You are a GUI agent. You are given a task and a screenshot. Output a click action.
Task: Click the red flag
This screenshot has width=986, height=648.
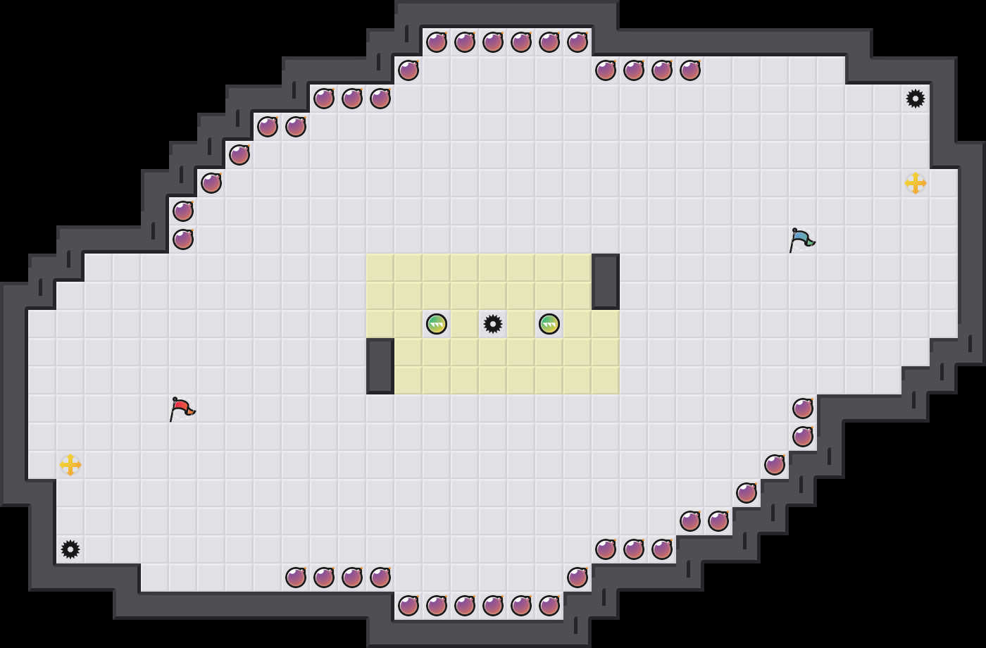click(182, 408)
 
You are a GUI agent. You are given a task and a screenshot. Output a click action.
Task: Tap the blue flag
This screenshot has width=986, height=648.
click(801, 239)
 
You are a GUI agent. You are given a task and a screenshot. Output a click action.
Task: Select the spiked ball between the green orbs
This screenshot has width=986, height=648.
click(493, 324)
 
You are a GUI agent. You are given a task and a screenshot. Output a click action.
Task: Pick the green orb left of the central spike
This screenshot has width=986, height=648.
click(437, 324)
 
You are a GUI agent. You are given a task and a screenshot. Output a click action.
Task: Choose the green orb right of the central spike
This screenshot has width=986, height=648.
click(549, 324)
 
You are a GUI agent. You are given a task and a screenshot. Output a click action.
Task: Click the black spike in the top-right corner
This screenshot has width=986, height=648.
click(916, 99)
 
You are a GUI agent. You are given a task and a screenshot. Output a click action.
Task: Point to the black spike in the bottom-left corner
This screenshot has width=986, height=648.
click(70, 549)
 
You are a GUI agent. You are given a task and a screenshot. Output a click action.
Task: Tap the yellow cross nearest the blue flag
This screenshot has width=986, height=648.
click(916, 183)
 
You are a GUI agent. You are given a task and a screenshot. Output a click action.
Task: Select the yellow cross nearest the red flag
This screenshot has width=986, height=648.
click(70, 465)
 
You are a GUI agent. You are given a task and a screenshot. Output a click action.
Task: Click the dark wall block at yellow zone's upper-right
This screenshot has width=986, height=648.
click(606, 282)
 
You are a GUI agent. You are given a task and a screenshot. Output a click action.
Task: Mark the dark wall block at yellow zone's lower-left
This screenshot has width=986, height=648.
click(380, 366)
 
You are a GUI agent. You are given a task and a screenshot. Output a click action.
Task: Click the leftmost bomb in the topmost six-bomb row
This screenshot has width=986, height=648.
click(437, 42)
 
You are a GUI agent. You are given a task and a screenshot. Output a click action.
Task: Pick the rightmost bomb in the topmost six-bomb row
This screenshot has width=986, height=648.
click(578, 42)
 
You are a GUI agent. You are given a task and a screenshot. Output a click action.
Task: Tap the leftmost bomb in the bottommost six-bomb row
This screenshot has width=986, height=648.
click(408, 606)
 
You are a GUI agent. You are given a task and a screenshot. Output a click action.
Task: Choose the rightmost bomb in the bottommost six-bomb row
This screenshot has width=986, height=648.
click(549, 606)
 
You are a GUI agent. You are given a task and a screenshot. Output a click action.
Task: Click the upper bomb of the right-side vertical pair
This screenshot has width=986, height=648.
click(803, 409)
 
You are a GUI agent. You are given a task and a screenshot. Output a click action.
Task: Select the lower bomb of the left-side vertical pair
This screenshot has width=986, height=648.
click(183, 239)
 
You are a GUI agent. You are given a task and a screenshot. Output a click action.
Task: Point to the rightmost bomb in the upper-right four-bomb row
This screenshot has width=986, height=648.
click(690, 70)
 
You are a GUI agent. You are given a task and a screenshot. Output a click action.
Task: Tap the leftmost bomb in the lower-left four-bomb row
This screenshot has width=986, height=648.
click(296, 578)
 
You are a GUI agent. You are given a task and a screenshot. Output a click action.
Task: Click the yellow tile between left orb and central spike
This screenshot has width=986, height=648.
click(465, 324)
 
